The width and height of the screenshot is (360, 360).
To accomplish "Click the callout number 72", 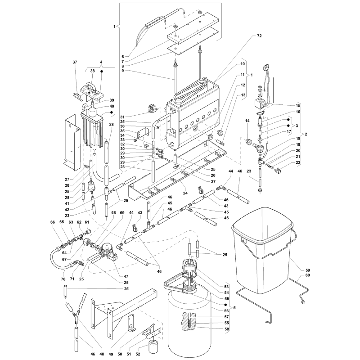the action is [259, 36].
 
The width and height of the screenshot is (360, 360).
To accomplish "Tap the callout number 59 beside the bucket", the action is [308, 270].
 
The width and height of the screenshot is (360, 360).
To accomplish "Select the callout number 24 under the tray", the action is [185, 193].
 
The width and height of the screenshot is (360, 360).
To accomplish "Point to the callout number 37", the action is [75, 62].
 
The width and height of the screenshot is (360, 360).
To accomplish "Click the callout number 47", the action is [126, 276].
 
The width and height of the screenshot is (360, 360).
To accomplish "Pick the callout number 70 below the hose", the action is [63, 279].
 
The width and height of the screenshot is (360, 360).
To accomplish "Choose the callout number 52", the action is [138, 354].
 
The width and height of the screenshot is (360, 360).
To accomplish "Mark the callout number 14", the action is [247, 121].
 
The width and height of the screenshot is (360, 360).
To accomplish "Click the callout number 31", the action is [122, 117].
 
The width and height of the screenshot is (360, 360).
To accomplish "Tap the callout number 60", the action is [308, 275].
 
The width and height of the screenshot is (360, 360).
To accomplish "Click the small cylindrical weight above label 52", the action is [153, 346].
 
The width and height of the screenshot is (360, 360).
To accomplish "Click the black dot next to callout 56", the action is [226, 305].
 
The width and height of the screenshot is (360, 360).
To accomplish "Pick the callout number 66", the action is [53, 222].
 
